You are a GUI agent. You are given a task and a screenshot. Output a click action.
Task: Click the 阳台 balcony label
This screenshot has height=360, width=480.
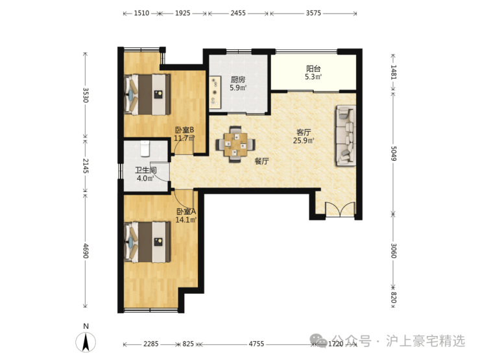pyautogui.click(x=313, y=69)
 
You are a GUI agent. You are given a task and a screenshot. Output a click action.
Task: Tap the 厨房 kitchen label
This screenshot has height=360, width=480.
pyautogui.click(x=238, y=80)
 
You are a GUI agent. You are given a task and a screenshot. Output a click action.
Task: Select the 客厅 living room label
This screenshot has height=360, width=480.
pyautogui.click(x=304, y=132)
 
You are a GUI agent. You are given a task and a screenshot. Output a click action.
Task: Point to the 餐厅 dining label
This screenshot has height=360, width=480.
pyautogui.click(x=262, y=161)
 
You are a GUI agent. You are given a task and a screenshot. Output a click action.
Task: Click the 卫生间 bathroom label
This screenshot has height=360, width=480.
pyautogui.click(x=146, y=170)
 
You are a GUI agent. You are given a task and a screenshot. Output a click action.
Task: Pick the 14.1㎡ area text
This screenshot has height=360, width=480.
pyautogui.click(x=186, y=219)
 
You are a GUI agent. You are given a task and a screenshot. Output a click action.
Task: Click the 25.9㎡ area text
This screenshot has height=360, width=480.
pyautogui.click(x=304, y=141)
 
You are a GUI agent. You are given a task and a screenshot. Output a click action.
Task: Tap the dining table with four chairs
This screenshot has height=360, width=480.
pyautogui.click(x=235, y=144)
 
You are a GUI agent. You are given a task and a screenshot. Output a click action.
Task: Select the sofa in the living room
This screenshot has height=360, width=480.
pyautogui.click(x=346, y=136)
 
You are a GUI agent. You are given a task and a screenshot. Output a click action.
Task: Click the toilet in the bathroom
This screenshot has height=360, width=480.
pyautogui.click(x=145, y=148)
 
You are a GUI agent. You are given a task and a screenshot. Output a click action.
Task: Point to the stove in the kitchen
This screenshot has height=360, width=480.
pyautogui.click(x=215, y=93)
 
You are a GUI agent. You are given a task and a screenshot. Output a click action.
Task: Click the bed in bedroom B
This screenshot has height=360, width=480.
pyautogui.click(x=147, y=94)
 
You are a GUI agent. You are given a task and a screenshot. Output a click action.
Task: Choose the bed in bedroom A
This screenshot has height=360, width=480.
pyautogui.click(x=147, y=242)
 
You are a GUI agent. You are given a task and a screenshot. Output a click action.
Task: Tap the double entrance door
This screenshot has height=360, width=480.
pyautogui.click(x=340, y=210)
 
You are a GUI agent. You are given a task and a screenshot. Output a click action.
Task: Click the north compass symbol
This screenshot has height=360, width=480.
pyautogui.click(x=86, y=341)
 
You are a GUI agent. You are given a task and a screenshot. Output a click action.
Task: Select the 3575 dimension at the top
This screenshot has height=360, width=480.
pyautogui.click(x=313, y=13)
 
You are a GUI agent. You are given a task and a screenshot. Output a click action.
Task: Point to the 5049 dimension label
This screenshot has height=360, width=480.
pyautogui.click(x=394, y=153)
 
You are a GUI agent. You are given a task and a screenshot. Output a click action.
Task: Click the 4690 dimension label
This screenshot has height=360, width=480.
pyautogui.click(x=86, y=250)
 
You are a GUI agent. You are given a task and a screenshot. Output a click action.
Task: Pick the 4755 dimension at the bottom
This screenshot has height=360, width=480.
pyautogui.click(x=256, y=344)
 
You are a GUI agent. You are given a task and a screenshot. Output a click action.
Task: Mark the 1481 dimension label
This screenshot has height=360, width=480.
pyautogui.click(x=394, y=72)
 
